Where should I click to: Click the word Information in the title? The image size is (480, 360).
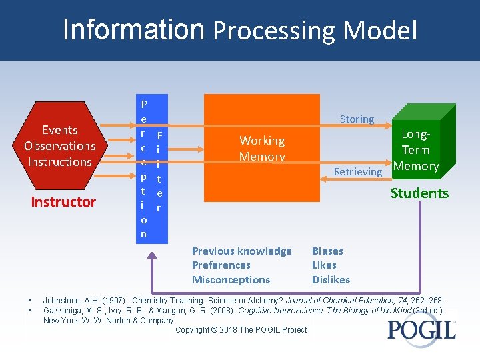[x=133, y=29]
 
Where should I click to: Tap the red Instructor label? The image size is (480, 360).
[x=63, y=202]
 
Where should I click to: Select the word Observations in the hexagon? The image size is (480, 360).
[x=60, y=146]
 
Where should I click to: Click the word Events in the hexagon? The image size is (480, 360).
[x=60, y=130]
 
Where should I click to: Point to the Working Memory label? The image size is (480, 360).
[x=262, y=149]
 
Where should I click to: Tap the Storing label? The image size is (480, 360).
[x=357, y=119]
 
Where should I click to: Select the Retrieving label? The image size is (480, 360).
[x=358, y=172]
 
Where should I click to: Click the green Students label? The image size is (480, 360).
[x=419, y=193]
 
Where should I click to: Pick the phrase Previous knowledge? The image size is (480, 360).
[x=241, y=251]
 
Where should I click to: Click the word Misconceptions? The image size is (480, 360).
[x=231, y=280]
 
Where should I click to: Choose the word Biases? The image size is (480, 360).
[x=327, y=251]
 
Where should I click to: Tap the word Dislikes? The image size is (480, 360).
[x=331, y=280]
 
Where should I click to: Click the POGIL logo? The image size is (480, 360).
[x=421, y=329]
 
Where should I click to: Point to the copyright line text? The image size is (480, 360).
[x=241, y=330]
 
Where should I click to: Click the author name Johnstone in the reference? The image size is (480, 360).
[x=63, y=301]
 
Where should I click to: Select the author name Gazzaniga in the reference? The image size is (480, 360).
[x=66, y=311]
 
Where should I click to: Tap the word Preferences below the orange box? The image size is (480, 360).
[x=221, y=265]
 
